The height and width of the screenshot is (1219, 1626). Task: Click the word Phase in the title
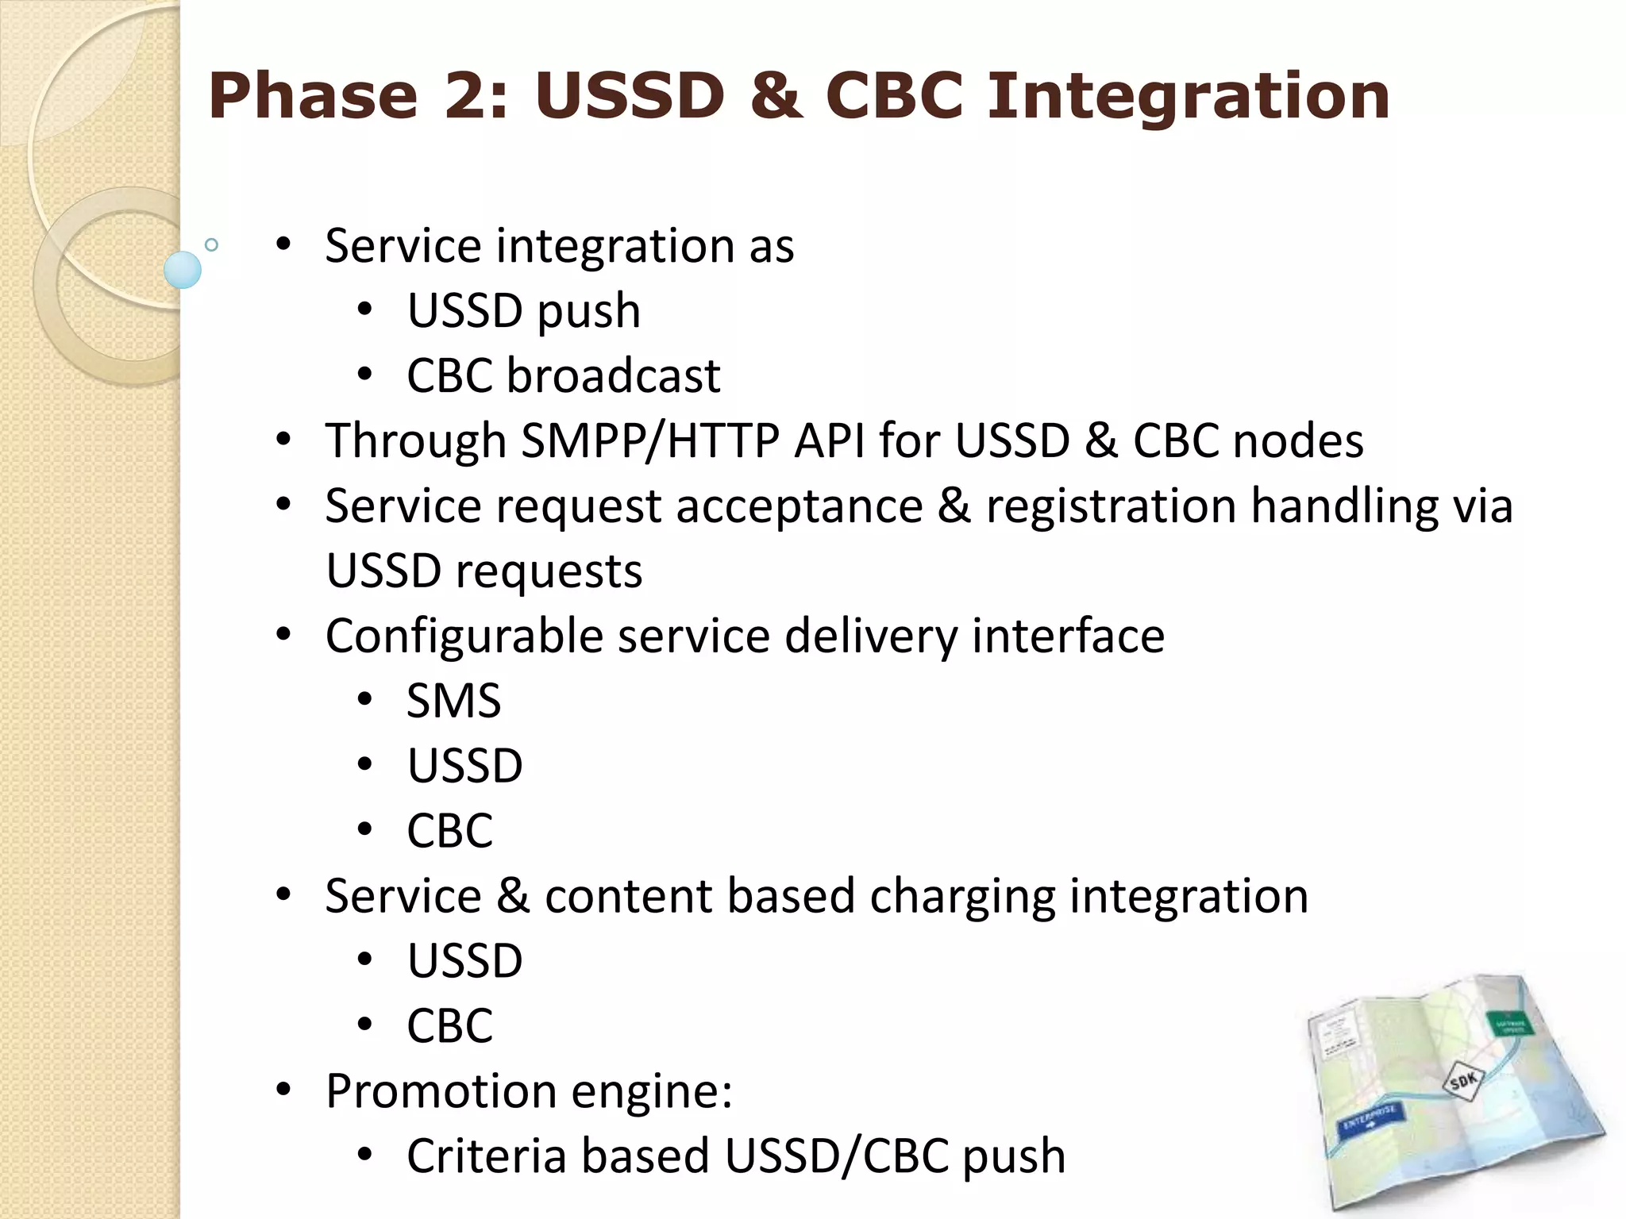coord(313,96)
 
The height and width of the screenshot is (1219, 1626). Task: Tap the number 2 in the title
coord(475,96)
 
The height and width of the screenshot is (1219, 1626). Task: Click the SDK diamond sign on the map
coord(1462,1080)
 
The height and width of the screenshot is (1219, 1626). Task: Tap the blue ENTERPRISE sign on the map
coord(1371,1121)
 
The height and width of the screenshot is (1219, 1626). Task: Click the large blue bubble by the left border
coord(183,270)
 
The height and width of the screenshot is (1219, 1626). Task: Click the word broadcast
coord(613,375)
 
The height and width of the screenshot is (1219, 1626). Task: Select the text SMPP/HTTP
coord(649,441)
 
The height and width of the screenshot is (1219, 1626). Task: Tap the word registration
coord(1111,506)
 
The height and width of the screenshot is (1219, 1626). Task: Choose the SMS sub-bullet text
coord(453,702)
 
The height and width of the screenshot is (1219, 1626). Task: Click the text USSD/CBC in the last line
coord(837,1156)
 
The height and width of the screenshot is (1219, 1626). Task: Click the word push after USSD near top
coord(588,311)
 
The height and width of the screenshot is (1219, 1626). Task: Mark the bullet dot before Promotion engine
coord(283,1091)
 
